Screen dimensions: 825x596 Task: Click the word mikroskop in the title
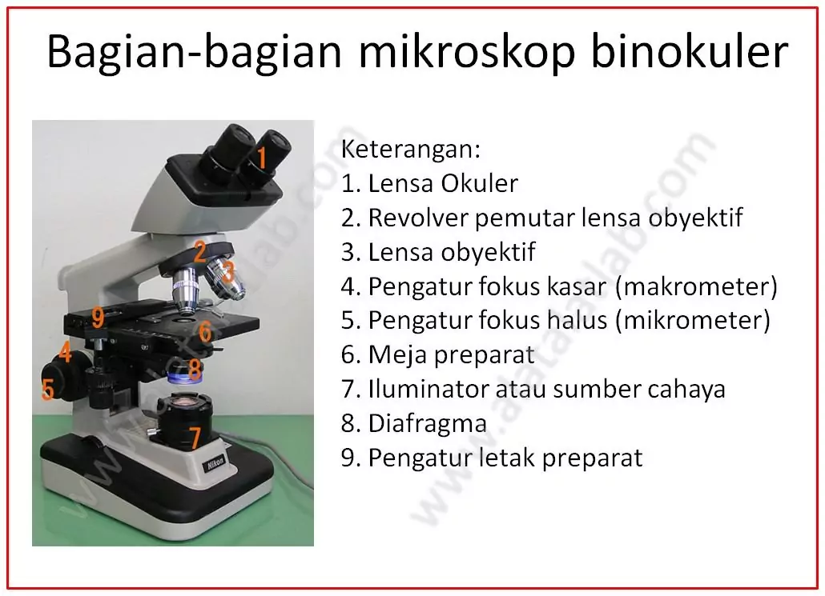point(467,53)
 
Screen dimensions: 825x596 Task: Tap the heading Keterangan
point(411,150)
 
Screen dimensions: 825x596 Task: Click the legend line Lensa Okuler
point(429,183)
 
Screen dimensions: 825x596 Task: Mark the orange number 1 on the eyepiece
point(261,158)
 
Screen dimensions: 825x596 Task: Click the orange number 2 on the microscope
point(199,251)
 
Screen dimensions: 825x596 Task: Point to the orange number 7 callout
point(195,438)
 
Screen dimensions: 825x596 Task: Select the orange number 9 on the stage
point(98,318)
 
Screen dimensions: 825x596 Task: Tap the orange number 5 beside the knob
point(48,390)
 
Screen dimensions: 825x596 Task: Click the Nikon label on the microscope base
point(215,463)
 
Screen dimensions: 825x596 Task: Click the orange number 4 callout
point(65,352)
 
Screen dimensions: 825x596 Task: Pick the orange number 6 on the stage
point(205,332)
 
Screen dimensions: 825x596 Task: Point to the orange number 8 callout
point(194,369)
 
